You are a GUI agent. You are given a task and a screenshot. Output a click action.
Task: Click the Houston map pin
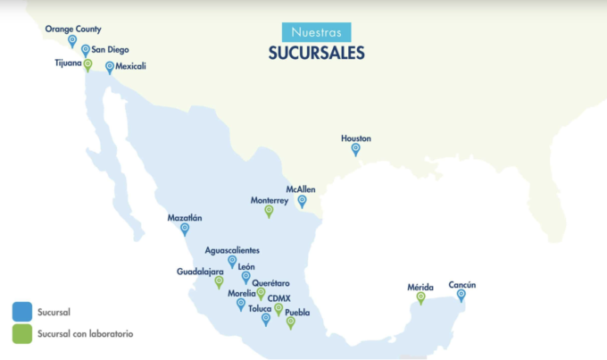point(355,149)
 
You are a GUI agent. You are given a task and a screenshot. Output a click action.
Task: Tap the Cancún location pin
point(461,295)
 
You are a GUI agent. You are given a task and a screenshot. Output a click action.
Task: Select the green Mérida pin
point(420,297)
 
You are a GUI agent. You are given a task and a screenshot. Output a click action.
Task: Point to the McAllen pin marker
point(302,201)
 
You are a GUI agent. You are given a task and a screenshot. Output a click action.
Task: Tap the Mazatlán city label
point(185,217)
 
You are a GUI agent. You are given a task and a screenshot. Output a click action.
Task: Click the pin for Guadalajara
point(219,281)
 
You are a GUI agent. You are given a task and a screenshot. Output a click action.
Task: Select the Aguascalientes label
point(233,249)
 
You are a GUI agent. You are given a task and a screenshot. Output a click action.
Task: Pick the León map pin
point(245,277)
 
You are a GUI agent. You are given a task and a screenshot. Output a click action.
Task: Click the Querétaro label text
point(272,282)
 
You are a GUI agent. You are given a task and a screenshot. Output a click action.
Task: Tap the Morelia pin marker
point(240,304)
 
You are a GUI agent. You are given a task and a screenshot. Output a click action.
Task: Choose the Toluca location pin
point(266,319)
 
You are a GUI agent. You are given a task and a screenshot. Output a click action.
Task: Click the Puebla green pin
point(290,322)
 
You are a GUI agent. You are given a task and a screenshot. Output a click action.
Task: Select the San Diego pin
point(86,51)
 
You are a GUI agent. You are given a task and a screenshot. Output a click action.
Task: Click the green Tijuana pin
point(87,64)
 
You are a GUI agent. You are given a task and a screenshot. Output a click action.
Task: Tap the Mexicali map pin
point(110,66)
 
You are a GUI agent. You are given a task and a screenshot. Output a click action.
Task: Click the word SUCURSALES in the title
point(316,53)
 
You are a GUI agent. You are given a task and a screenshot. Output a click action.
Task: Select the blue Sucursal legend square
point(22,312)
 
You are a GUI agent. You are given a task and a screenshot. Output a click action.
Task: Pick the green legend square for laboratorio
point(22,333)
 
